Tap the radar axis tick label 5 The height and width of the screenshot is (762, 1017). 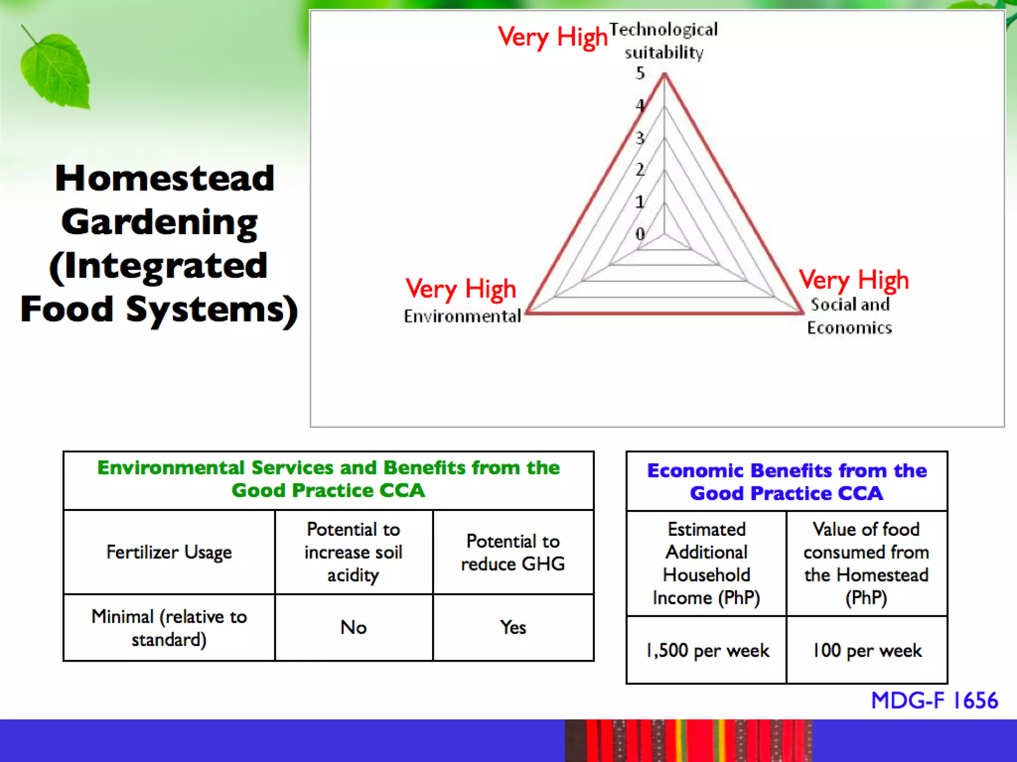pyautogui.click(x=640, y=73)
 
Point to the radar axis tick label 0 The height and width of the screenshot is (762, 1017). pyautogui.click(x=640, y=234)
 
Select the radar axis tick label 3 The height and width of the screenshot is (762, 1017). pyautogui.click(x=640, y=138)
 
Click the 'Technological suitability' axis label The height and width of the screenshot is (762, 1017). pyautogui.click(x=663, y=41)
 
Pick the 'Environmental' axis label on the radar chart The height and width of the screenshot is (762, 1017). pyautogui.click(x=462, y=316)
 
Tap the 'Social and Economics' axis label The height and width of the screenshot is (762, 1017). pyautogui.click(x=850, y=316)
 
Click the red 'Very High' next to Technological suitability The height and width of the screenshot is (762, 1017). pyautogui.click(x=553, y=37)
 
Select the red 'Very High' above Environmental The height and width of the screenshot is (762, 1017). pyautogui.click(x=461, y=289)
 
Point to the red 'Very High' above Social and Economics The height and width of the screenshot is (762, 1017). pyautogui.click(x=854, y=280)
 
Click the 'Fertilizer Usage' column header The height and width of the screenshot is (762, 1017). pyautogui.click(x=169, y=552)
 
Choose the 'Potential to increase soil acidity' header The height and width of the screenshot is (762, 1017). pyautogui.click(x=354, y=552)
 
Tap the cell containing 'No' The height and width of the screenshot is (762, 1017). pyautogui.click(x=354, y=628)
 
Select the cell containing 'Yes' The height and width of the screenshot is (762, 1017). pyautogui.click(x=513, y=628)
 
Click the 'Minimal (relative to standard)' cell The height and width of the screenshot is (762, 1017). pyautogui.click(x=169, y=628)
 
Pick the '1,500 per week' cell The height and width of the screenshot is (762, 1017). pyautogui.click(x=707, y=650)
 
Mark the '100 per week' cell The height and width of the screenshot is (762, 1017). pyautogui.click(x=867, y=650)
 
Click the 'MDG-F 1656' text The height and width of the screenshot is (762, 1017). pyautogui.click(x=934, y=700)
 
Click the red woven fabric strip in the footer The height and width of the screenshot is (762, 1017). pyautogui.click(x=688, y=741)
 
